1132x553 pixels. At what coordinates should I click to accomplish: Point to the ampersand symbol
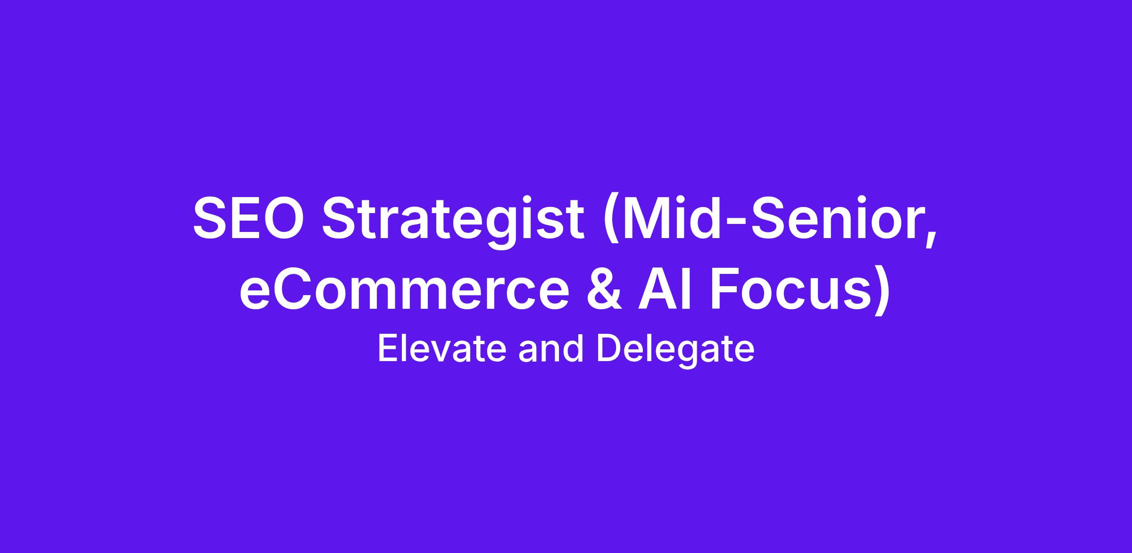tap(604, 289)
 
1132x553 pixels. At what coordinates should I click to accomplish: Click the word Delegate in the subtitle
tap(675, 351)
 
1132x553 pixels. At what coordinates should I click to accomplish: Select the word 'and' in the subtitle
tap(551, 349)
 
